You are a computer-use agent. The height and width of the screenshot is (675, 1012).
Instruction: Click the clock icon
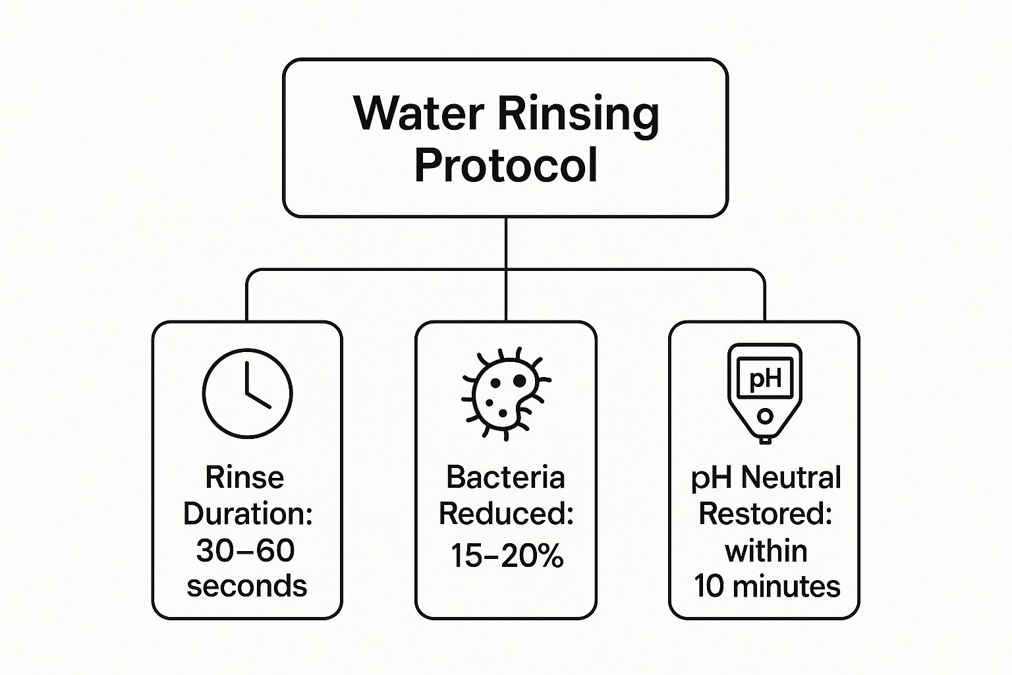247,394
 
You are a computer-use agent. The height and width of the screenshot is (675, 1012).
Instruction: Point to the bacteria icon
505,394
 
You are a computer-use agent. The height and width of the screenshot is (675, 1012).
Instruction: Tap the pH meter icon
765,393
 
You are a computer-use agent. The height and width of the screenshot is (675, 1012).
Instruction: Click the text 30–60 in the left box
245,550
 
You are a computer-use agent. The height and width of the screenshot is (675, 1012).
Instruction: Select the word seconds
247,586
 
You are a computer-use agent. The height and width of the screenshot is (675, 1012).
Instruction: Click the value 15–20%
507,556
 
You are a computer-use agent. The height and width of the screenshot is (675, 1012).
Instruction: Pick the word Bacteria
505,477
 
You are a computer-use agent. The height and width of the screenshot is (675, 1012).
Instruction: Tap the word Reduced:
506,514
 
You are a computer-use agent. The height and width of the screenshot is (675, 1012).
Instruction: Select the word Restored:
766,514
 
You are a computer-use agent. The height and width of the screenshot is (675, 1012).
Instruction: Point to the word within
766,550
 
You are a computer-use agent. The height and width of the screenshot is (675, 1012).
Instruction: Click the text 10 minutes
767,586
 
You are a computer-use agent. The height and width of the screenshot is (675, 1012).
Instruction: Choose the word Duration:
247,514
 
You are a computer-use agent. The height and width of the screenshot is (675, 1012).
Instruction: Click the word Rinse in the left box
244,477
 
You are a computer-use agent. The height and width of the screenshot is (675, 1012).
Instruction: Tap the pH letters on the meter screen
765,379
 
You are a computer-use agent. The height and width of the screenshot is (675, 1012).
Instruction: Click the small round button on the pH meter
765,416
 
